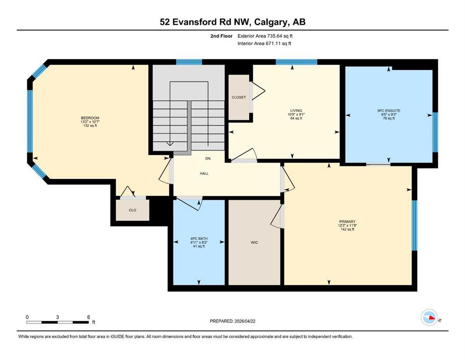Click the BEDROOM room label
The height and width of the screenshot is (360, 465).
pyautogui.click(x=90, y=118)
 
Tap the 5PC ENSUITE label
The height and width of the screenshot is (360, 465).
pyautogui.click(x=389, y=111)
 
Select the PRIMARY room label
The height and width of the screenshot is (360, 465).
pyautogui.click(x=347, y=222)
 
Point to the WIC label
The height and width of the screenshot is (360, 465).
pyautogui.click(x=254, y=242)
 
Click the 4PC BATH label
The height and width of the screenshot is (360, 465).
pyautogui.click(x=199, y=239)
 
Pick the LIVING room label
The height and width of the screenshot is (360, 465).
pyautogui.click(x=296, y=111)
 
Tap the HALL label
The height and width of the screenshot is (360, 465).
pyautogui.click(x=204, y=173)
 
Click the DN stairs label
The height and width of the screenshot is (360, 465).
pyautogui.click(x=208, y=158)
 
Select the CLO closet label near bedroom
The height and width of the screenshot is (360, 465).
pyautogui.click(x=133, y=210)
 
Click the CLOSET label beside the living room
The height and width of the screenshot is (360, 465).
pyautogui.click(x=239, y=97)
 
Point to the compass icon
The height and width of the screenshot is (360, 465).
pyautogui.click(x=429, y=317)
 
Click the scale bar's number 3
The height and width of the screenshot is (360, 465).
pyautogui.click(x=58, y=317)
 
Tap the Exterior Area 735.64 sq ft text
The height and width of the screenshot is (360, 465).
pyautogui.click(x=265, y=36)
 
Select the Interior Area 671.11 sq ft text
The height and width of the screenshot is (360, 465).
pyautogui.click(x=264, y=43)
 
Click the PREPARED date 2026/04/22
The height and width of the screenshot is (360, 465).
pyautogui.click(x=244, y=321)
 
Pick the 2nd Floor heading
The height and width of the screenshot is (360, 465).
pyautogui.click(x=221, y=36)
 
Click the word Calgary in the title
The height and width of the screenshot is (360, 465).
pyautogui.click(x=272, y=22)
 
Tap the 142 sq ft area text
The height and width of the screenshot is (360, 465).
pyautogui.click(x=347, y=229)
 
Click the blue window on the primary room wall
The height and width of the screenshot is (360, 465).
pyautogui.click(x=414, y=225)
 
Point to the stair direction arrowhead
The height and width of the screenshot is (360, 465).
pyautogui.click(x=170, y=144)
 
